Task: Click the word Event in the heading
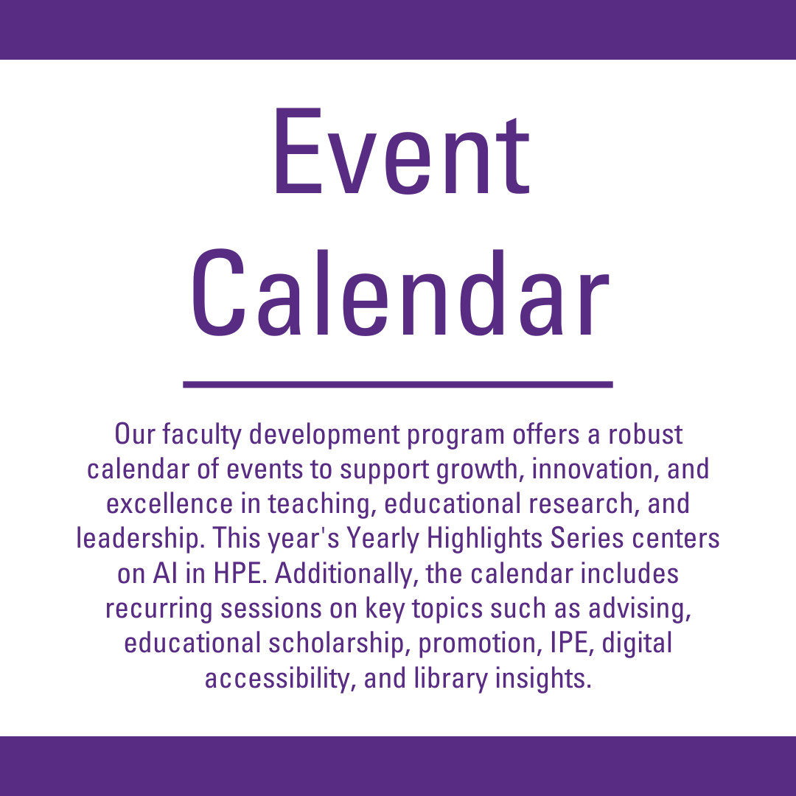pyautogui.click(x=402, y=151)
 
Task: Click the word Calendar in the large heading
pyautogui.click(x=399, y=293)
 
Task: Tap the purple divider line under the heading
pyautogui.click(x=398, y=384)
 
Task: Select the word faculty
pyautogui.click(x=202, y=435)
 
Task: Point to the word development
pyautogui.click(x=324, y=435)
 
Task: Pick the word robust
pyautogui.click(x=645, y=435)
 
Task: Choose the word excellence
pyautogui.click(x=170, y=503)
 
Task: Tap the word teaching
pyautogui.click(x=322, y=505)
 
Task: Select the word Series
pyautogui.click(x=587, y=538)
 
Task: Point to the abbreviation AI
pyautogui.click(x=165, y=573)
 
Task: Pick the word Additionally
pyautogui.click(x=346, y=574)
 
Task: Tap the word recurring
pyautogui.click(x=159, y=610)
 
